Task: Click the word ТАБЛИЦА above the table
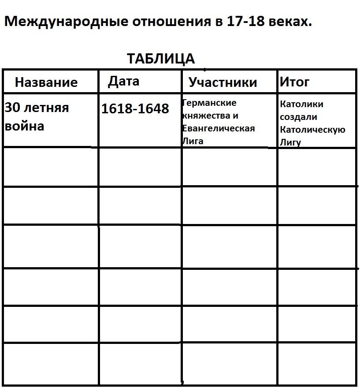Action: pos(161,59)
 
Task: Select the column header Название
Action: pos(46,82)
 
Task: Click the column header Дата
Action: pos(124,81)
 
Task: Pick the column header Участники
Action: pos(223,82)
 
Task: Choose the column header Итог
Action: pos(294,82)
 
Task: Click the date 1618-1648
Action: pos(135,108)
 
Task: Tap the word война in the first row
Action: pos(25,127)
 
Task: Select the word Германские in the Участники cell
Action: pos(209,103)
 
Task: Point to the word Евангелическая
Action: pos(219,129)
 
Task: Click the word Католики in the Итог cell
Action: pos(301,104)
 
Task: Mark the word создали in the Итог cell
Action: pos(299,117)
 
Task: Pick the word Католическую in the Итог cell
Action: pos(312,130)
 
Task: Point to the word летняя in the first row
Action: pos(46,108)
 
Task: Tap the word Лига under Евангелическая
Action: pos(193,142)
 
